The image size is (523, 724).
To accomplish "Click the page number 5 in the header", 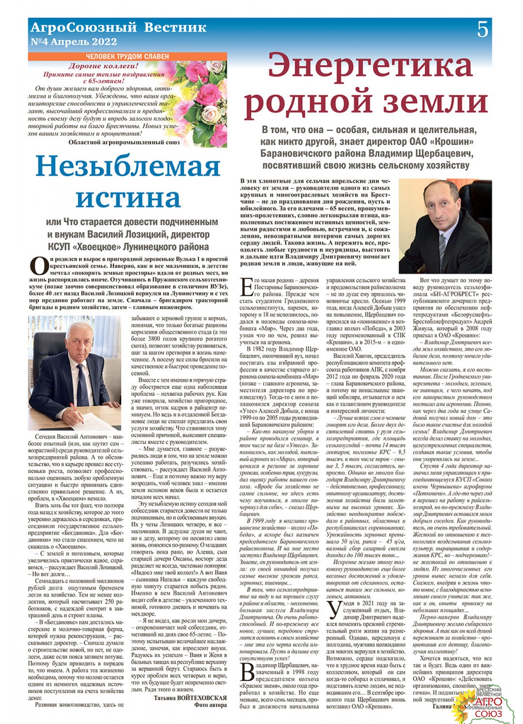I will [482, 30].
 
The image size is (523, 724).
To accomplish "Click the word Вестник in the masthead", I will [175, 27].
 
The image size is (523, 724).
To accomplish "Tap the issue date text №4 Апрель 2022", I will [74, 42].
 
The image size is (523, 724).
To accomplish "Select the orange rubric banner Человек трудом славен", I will [127, 57].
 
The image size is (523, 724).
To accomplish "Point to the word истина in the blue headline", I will [128, 197].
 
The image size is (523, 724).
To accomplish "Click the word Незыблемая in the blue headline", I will [128, 166].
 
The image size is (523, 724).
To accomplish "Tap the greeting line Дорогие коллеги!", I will [103, 66].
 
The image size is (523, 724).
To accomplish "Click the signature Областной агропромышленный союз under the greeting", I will [124, 142].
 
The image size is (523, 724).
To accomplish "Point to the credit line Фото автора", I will [210, 705].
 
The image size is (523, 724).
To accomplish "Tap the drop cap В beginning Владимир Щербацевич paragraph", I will [247, 673].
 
